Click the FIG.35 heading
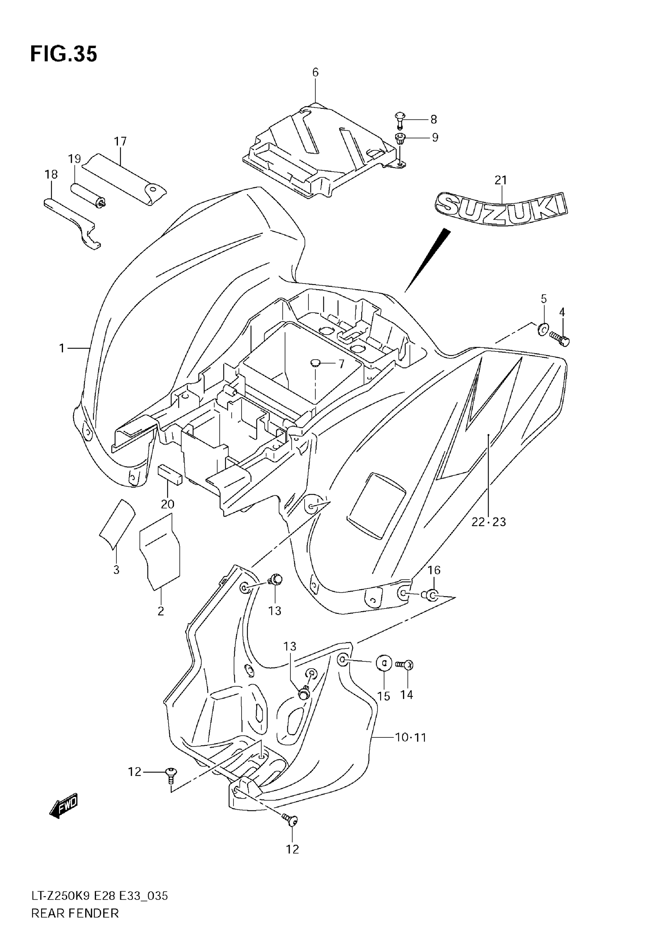[64, 54]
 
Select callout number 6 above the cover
[315, 72]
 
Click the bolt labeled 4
[560, 339]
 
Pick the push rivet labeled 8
[399, 120]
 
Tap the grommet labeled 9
[400, 138]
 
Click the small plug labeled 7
[315, 362]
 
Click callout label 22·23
[489, 522]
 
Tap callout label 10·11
[410, 737]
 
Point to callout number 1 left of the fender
[62, 348]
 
